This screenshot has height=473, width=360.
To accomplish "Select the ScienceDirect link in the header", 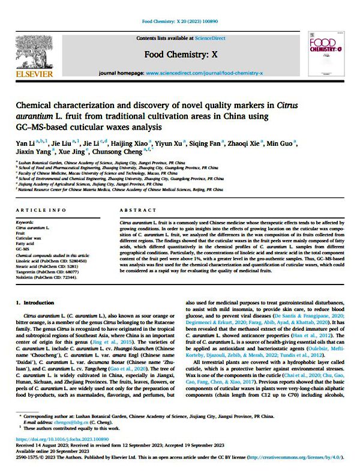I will [x=208, y=37].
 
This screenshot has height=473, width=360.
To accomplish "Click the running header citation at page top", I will [x=179, y=22].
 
